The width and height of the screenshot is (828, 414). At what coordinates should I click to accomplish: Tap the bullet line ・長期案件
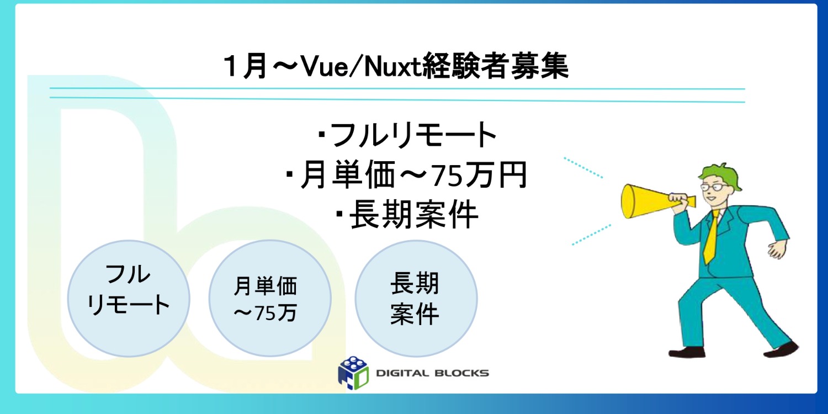tap(407, 216)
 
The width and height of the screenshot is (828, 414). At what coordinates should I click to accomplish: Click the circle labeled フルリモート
tap(128, 298)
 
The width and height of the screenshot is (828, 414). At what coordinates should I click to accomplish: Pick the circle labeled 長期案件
tap(415, 299)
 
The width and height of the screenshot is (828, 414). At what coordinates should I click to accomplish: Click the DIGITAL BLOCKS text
tap(432, 373)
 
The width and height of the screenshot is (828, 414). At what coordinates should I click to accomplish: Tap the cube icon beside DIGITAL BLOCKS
tap(353, 371)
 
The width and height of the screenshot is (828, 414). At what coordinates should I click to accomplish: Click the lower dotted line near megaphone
tap(591, 234)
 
